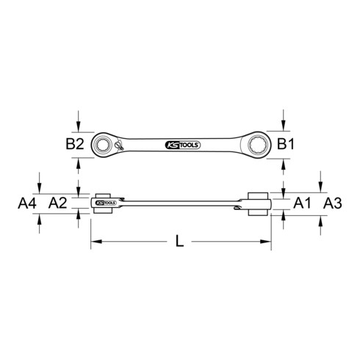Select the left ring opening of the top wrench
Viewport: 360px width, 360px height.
[105, 144]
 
